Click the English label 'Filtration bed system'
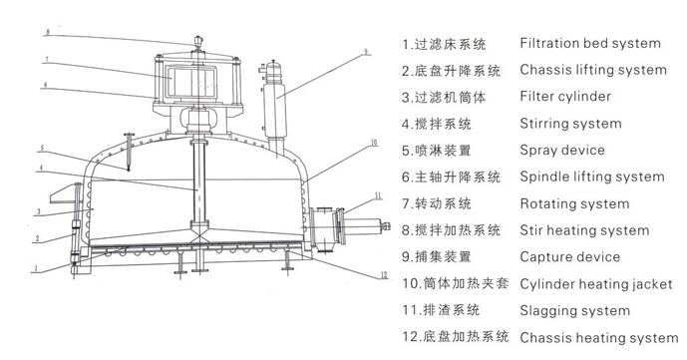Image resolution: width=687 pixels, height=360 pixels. [590, 43]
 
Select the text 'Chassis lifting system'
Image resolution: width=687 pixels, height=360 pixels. [593, 70]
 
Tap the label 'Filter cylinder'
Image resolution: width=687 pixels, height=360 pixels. [565, 97]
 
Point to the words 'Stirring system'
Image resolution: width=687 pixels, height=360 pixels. [570, 124]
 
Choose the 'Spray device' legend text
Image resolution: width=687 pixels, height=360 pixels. [562, 151]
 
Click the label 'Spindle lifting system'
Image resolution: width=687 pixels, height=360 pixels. [592, 177]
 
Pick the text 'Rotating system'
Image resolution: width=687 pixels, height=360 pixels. [574, 203]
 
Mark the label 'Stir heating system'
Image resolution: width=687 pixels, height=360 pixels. [584, 230]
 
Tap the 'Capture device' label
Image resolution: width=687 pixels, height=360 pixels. [570, 257]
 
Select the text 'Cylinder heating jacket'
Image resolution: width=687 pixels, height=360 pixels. [596, 284]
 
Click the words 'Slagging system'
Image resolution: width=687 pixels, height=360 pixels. [575, 311]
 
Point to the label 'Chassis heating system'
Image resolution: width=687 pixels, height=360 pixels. [599, 338]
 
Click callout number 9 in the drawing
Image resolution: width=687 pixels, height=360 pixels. [366, 52]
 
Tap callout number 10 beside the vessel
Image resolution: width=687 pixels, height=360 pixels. [374, 143]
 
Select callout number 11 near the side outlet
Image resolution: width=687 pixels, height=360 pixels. [378, 195]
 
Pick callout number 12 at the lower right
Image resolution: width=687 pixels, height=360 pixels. [384, 275]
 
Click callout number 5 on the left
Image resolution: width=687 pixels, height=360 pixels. [42, 148]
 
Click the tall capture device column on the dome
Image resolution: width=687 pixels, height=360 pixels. [275, 110]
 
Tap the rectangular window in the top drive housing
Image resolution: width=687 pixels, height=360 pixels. [191, 82]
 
